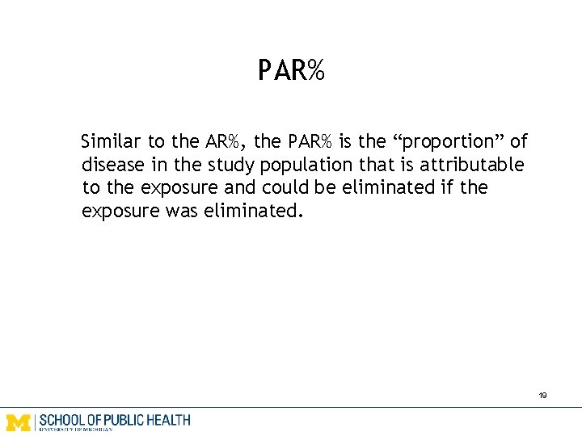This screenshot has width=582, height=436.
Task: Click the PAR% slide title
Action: click(x=291, y=71)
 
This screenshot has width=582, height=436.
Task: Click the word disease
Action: click(x=110, y=166)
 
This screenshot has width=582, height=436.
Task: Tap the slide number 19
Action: click(x=542, y=396)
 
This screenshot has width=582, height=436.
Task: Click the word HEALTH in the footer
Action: click(x=169, y=420)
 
